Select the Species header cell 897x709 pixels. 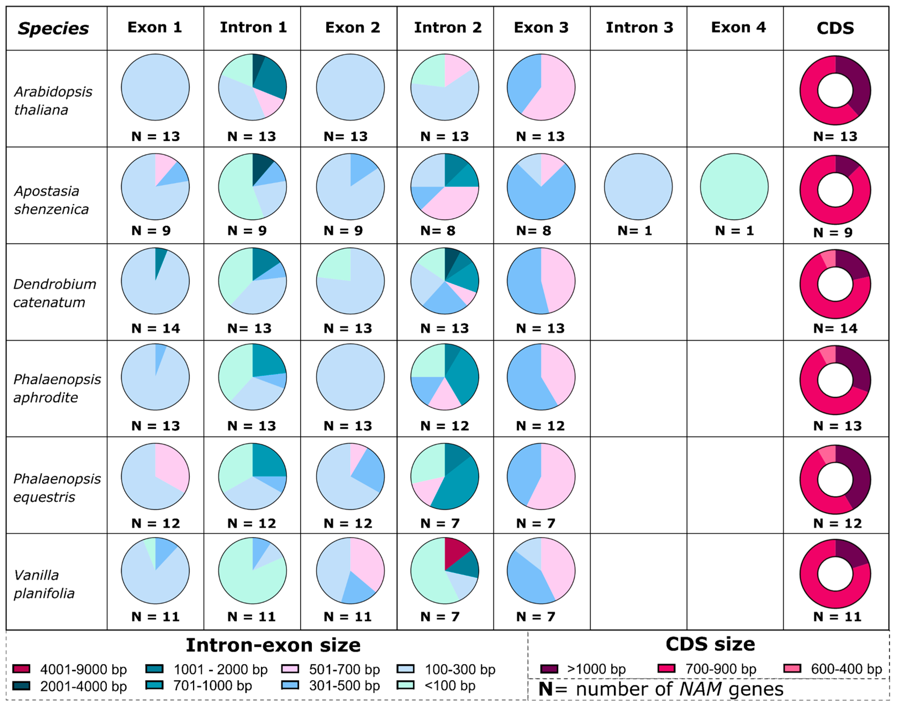(x=53, y=28)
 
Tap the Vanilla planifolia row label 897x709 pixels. (x=44, y=584)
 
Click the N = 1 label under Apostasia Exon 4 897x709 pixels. (x=734, y=230)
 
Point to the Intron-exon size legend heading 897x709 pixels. (x=273, y=645)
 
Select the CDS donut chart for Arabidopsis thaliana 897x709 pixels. (x=835, y=90)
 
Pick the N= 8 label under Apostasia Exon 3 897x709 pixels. (x=533, y=230)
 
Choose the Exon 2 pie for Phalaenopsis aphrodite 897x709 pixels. (x=350, y=377)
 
